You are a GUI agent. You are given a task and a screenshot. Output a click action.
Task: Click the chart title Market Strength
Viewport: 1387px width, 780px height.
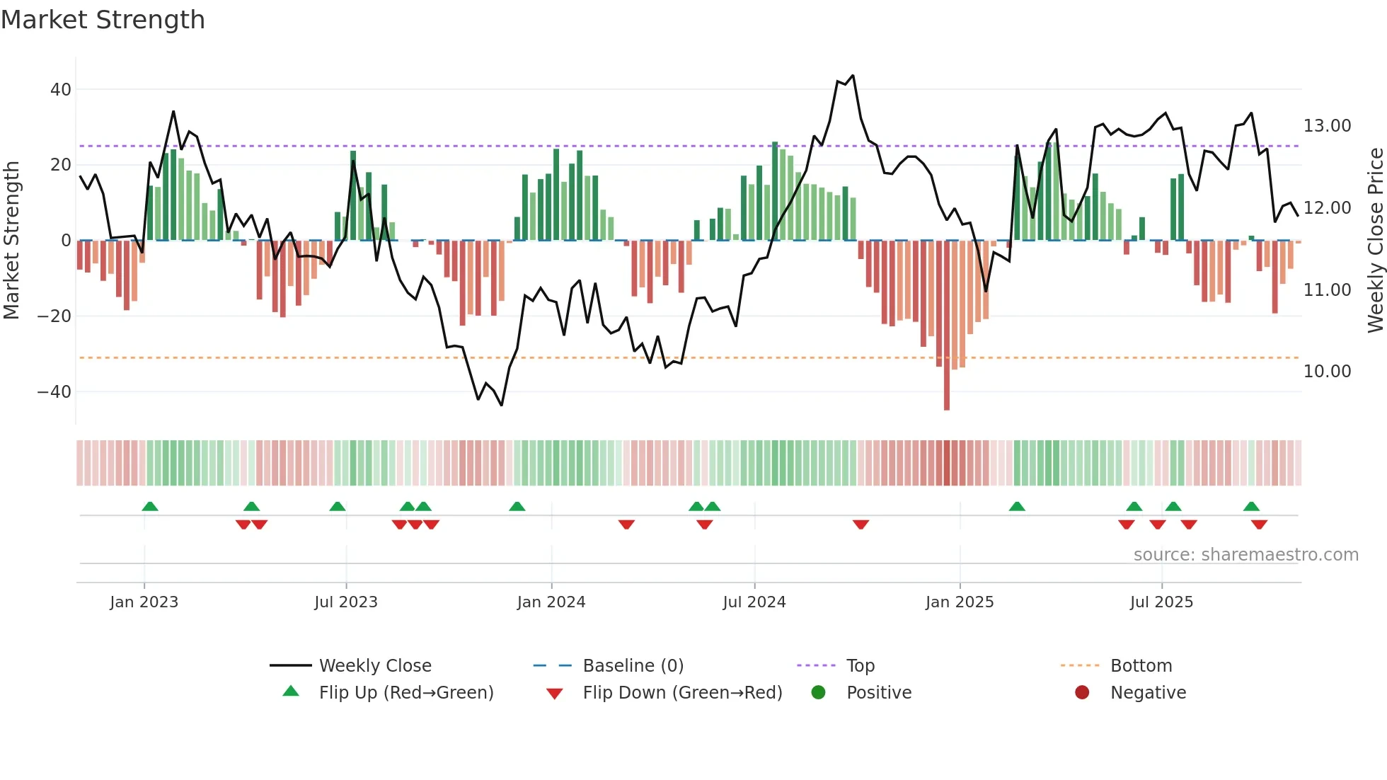pos(103,20)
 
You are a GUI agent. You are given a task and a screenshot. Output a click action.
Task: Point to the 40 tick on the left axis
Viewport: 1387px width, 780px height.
pos(61,90)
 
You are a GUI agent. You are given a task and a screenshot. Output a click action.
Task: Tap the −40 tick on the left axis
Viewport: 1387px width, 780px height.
pos(54,391)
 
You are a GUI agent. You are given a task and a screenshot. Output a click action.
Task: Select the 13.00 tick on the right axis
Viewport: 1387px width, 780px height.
pos(1327,126)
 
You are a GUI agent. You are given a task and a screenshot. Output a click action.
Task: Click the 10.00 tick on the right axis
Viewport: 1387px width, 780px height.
pos(1327,372)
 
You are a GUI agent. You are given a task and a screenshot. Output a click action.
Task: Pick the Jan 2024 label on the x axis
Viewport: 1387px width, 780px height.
pos(551,602)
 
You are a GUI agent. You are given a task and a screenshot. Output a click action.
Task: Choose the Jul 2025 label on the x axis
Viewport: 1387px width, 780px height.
pos(1161,602)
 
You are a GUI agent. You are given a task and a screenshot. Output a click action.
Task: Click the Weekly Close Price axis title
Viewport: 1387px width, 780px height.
pos(1375,241)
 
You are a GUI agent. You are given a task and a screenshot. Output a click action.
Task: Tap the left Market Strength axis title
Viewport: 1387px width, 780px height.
pos(11,241)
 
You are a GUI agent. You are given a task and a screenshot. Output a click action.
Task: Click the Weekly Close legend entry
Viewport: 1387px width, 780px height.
pos(374,666)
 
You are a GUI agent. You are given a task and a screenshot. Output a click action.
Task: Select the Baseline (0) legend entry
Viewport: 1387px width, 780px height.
pos(633,666)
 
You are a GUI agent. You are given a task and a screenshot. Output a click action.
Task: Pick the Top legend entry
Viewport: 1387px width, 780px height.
pos(860,666)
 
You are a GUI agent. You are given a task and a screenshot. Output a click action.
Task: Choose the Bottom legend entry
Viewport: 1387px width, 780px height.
pos(1141,666)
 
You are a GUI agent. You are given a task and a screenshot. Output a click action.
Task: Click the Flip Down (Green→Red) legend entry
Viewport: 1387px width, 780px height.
pos(681,693)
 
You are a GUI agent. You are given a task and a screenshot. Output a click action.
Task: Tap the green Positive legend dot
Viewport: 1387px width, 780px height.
pos(819,693)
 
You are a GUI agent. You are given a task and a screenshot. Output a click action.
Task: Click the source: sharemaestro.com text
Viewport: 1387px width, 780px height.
pos(1245,555)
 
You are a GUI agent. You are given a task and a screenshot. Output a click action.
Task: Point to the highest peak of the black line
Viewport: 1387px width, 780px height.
pos(853,76)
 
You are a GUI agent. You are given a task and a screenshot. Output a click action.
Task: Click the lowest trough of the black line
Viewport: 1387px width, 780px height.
pos(502,405)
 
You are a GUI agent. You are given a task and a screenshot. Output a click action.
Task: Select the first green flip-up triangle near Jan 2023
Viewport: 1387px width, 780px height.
pos(150,506)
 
